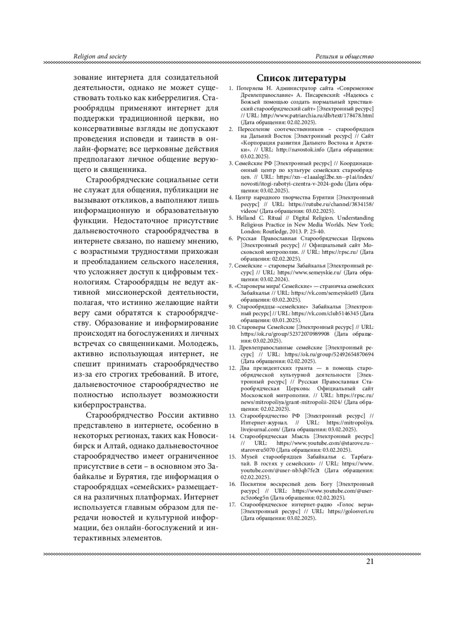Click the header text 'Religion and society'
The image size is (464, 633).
100,56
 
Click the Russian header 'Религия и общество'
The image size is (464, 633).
345,56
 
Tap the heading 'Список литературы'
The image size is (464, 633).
301,78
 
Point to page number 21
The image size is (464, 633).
370,562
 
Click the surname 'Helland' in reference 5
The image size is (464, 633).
246,218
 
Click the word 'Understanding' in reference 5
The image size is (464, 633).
355,218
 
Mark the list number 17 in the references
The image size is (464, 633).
232,504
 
